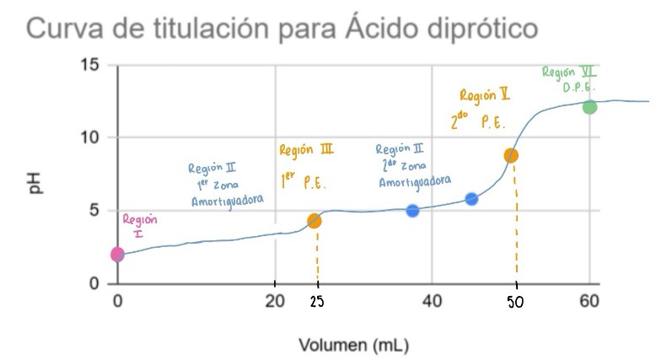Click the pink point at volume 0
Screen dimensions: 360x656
tap(117, 254)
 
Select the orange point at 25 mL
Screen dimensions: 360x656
tap(315, 221)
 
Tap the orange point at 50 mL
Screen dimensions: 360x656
tap(511, 155)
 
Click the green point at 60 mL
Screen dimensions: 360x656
tap(589, 107)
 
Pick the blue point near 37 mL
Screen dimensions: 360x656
tap(412, 211)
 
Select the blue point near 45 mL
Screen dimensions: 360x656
tap(471, 199)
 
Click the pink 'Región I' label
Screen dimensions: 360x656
tap(139, 226)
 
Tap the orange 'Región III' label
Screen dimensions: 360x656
tap(306, 150)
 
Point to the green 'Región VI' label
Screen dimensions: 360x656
tap(568, 73)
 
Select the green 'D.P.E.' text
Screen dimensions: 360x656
tap(579, 87)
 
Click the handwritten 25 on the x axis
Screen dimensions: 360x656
tap(317, 303)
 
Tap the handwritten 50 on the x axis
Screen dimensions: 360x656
tap(516, 303)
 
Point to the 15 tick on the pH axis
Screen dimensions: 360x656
tap(91, 65)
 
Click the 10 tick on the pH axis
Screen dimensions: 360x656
tap(91, 137)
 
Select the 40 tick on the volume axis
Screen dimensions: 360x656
tap(433, 301)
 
